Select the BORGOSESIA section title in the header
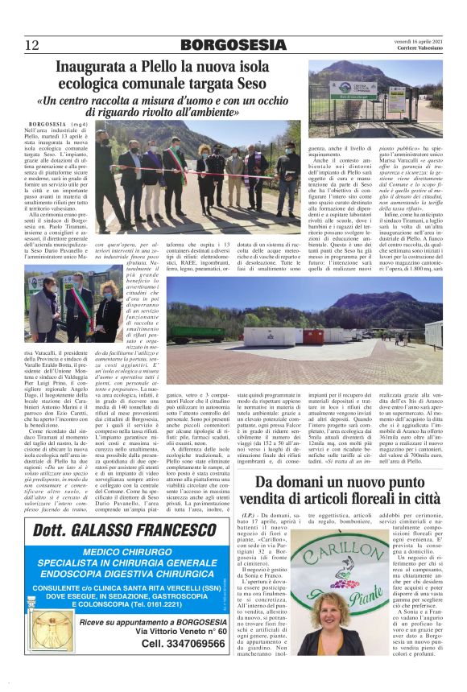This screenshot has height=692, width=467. [233, 45]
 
